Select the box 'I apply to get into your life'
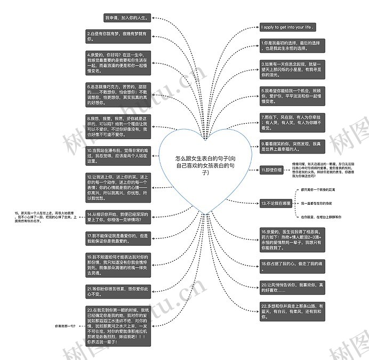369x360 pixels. click(x=287, y=27)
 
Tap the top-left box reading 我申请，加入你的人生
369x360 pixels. click(x=127, y=18)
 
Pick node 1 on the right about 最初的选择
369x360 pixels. click(x=291, y=45)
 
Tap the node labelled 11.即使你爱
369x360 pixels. click(x=271, y=170)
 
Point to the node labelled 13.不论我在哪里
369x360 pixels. click(x=276, y=203)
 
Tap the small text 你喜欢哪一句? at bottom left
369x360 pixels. click(x=65, y=325)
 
